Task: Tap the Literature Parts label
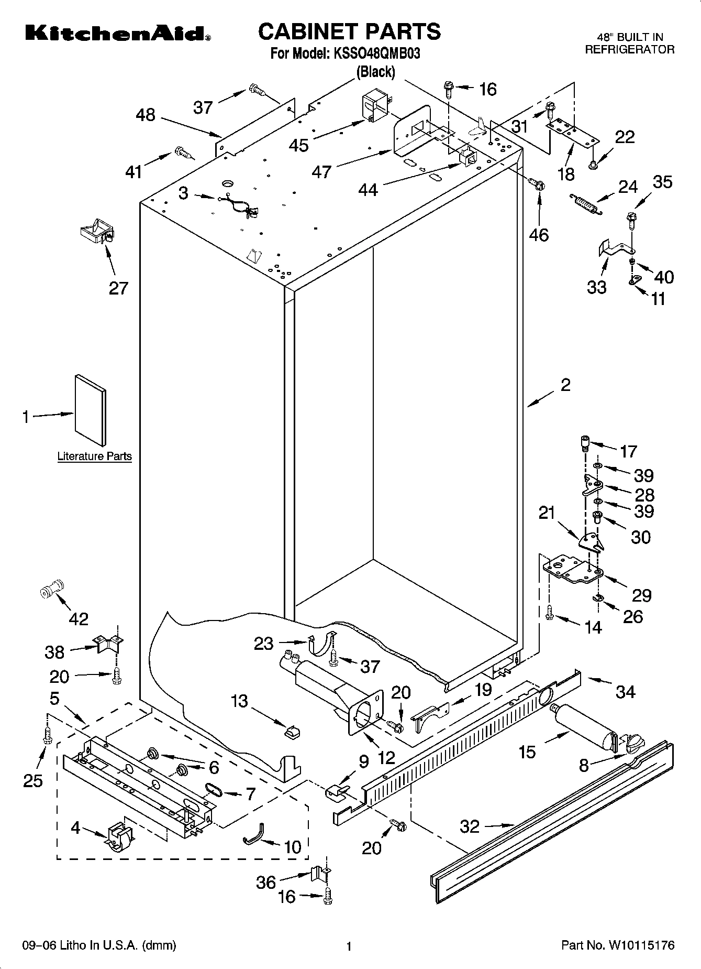click(94, 456)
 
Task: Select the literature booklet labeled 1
click(90, 410)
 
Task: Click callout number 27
click(118, 288)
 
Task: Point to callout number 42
click(79, 619)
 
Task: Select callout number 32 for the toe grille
click(470, 826)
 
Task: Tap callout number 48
click(146, 115)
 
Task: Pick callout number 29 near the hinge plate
click(641, 595)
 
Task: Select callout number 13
click(239, 701)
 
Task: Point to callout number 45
click(299, 145)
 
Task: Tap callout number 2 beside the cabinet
click(565, 385)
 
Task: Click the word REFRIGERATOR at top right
click(629, 50)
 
